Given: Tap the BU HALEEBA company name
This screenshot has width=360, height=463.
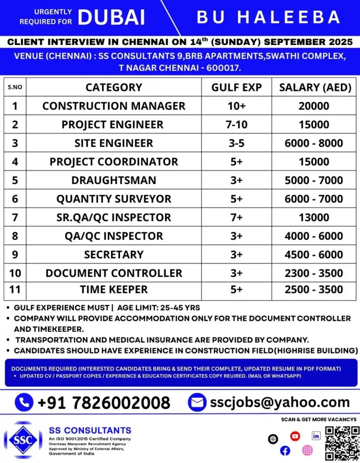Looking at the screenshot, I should (268, 18).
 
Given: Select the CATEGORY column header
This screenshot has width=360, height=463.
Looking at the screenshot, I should (114, 87).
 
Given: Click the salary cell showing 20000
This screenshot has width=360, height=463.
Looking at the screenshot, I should (313, 106).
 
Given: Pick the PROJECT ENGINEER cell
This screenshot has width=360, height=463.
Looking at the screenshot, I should (112, 125).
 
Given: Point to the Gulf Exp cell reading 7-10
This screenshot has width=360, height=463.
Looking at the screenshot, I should (236, 125).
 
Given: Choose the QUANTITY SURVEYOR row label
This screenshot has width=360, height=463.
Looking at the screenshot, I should (113, 199).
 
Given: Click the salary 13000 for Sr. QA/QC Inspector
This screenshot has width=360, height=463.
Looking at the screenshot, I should (313, 218).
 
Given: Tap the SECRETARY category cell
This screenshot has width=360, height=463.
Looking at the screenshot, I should (114, 255).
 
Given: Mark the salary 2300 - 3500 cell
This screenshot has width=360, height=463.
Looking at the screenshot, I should (313, 273).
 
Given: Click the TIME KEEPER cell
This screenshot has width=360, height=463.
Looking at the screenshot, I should (114, 290).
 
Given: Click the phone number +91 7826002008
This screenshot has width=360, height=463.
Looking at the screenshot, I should (104, 402).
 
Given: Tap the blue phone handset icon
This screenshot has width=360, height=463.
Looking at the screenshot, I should (23, 402).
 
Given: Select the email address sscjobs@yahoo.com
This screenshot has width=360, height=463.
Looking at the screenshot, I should (280, 402).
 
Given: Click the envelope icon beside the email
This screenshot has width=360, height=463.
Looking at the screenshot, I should (197, 402).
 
